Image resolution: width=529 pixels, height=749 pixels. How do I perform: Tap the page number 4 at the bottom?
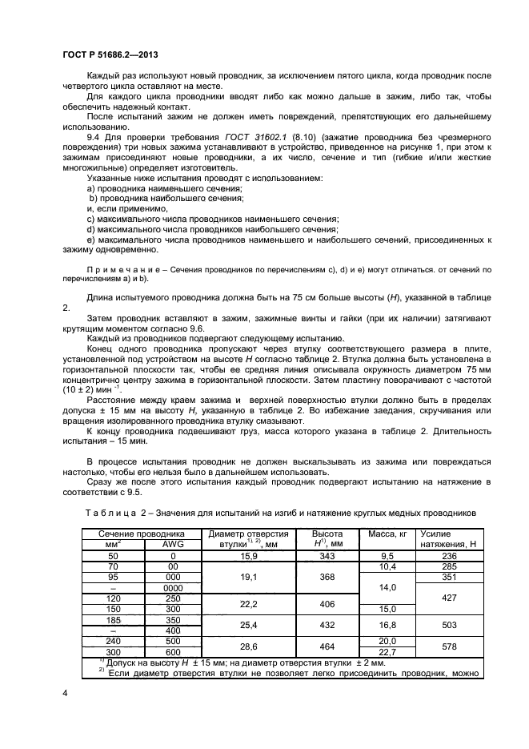tap(63, 693)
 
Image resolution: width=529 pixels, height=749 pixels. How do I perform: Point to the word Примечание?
tap(115, 269)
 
